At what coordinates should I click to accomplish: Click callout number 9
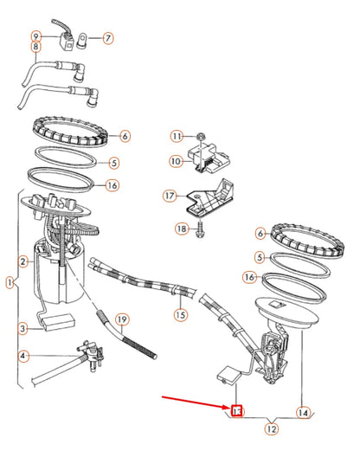point(35,36)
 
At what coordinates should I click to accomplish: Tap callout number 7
point(107,38)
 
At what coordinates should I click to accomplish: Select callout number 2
point(24,261)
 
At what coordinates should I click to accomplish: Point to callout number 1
point(9,283)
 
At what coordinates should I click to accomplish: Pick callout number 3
point(24,328)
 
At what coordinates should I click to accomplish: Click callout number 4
point(24,355)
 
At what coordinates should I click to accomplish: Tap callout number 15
point(180,314)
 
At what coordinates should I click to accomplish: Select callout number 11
point(176,137)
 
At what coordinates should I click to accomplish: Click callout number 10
point(176,161)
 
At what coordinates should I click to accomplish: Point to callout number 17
point(170,197)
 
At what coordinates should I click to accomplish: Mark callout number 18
point(181,229)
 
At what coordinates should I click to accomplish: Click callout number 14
point(302,413)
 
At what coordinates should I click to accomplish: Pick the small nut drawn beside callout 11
point(199,136)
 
